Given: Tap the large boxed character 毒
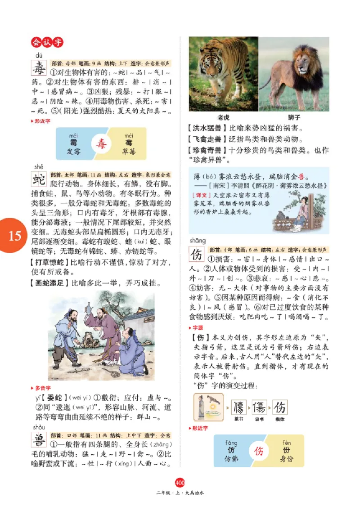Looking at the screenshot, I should pyautogui.click(x=39, y=69).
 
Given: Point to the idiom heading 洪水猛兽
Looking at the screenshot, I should pyautogui.click(x=207, y=128).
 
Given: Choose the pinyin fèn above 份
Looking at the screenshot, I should pyautogui.click(x=287, y=443).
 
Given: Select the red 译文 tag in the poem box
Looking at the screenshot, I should pyautogui.click(x=200, y=195).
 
